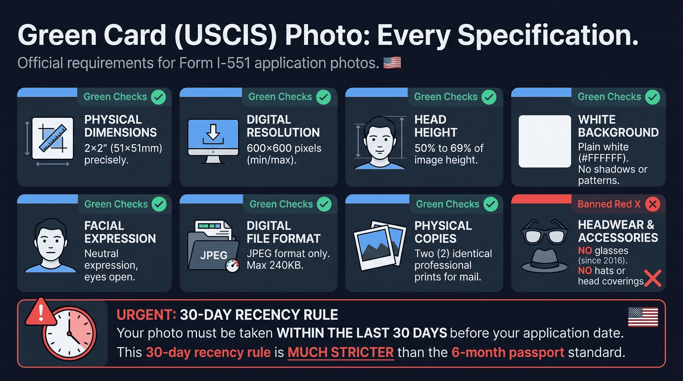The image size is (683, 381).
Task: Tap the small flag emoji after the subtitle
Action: point(392,63)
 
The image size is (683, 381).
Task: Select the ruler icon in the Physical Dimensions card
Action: point(53,138)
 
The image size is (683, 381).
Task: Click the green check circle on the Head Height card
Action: point(489,97)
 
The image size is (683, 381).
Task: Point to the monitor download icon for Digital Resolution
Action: point(213,140)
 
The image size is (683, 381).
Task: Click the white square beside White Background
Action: point(545,141)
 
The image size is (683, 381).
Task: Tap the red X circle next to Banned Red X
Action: point(652,204)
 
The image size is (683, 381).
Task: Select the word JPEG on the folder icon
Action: point(214,255)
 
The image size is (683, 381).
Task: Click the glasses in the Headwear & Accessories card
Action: point(544,233)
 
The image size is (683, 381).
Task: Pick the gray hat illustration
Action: point(544,261)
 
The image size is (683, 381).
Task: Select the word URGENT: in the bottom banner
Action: point(146,315)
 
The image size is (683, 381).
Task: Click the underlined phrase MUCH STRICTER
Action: point(341,353)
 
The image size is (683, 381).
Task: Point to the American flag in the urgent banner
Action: point(643,317)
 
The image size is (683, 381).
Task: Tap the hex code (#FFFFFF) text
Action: point(603,158)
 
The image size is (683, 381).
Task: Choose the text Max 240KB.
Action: point(275,265)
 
